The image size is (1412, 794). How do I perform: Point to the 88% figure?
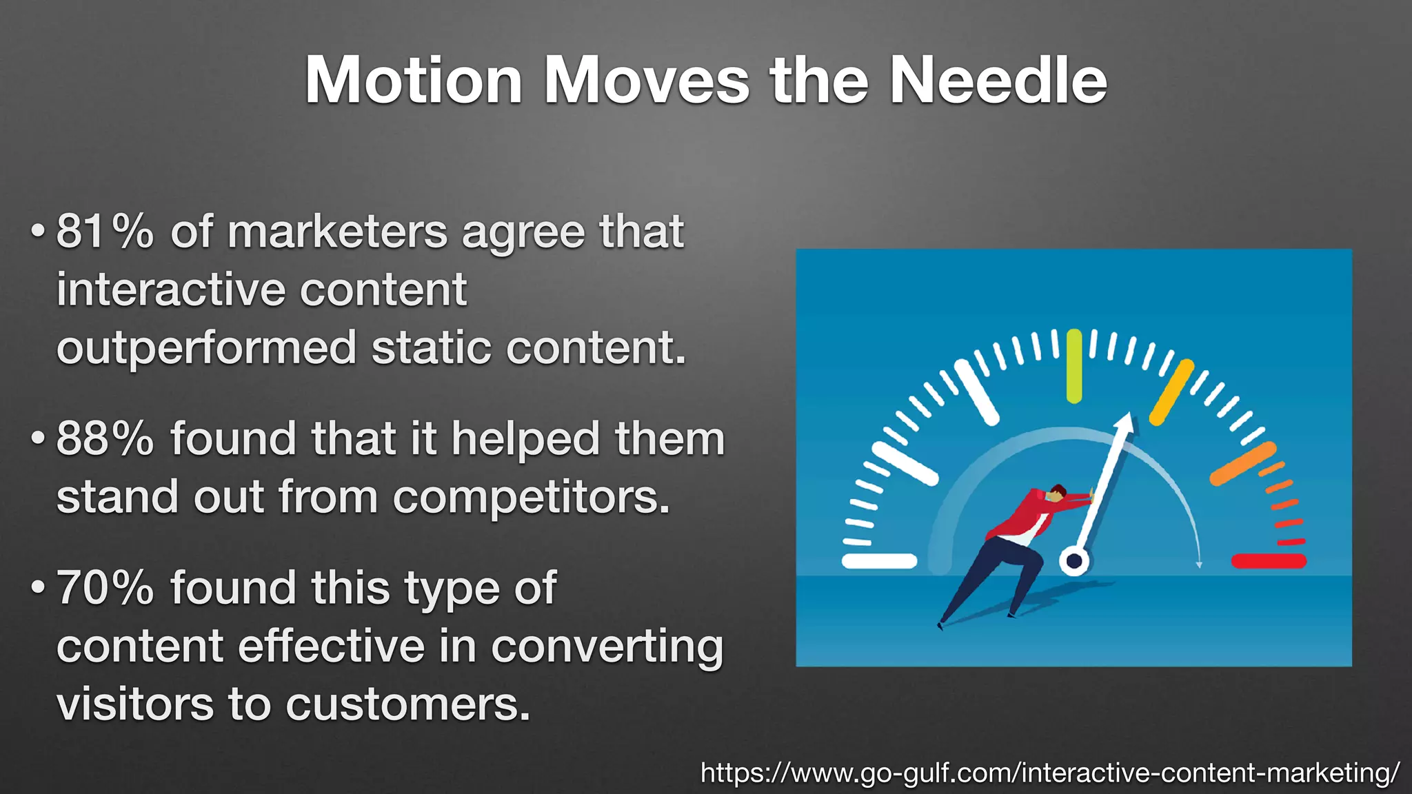[104, 438]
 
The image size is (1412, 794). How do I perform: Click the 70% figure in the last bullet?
[104, 588]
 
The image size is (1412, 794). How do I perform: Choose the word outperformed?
[206, 347]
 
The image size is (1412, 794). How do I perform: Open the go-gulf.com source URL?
[1049, 773]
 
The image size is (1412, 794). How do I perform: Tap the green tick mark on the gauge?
[1073, 366]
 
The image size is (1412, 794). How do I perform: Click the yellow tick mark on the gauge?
[1171, 391]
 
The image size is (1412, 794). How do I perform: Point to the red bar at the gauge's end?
[1269, 561]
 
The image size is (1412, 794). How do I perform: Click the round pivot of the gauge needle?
[1073, 561]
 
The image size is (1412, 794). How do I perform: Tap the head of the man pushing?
[1055, 493]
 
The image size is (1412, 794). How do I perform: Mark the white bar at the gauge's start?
[879, 561]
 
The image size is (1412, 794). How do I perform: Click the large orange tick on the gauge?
[1242, 463]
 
